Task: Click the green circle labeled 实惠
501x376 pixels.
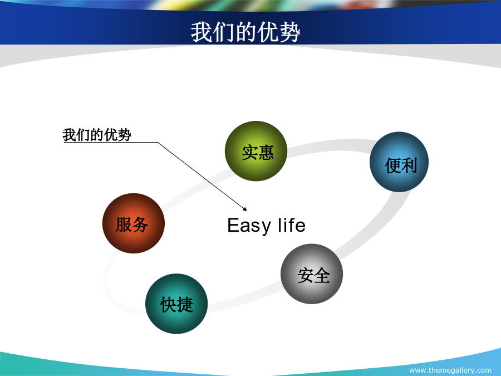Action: tap(256, 151)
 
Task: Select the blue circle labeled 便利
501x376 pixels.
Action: tap(399, 162)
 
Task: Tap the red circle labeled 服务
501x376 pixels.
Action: tap(134, 223)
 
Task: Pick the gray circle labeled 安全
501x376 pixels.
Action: tap(312, 274)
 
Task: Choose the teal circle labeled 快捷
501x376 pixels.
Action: tap(176, 304)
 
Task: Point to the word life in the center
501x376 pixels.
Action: tap(292, 225)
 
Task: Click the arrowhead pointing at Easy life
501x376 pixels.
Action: tap(245, 209)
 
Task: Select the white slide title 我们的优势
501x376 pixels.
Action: tap(245, 32)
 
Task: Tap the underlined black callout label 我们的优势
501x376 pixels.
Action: tap(97, 135)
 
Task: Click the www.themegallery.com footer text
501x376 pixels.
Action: tap(450, 370)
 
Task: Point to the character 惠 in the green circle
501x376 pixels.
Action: tap(266, 152)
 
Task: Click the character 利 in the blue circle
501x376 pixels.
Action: tap(409, 165)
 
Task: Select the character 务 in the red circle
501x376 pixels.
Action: tap(140, 224)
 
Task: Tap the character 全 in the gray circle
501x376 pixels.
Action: tap(322, 275)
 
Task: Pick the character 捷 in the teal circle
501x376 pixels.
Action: tap(185, 304)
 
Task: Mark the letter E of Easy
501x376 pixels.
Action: tap(233, 225)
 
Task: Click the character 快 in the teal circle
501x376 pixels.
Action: tap(168, 304)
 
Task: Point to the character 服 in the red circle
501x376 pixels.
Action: tap(124, 224)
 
